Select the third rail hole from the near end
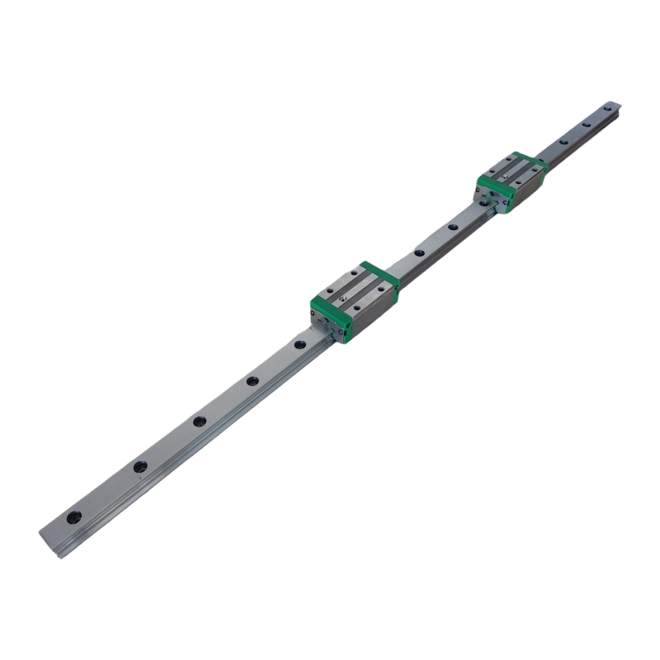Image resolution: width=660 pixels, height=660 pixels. point(199,421)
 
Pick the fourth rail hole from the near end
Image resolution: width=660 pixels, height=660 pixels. point(252,380)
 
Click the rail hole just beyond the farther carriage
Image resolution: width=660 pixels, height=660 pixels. point(563,141)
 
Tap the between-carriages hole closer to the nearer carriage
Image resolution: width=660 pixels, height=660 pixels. point(418,252)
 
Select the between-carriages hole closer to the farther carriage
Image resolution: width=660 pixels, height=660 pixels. point(451,226)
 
